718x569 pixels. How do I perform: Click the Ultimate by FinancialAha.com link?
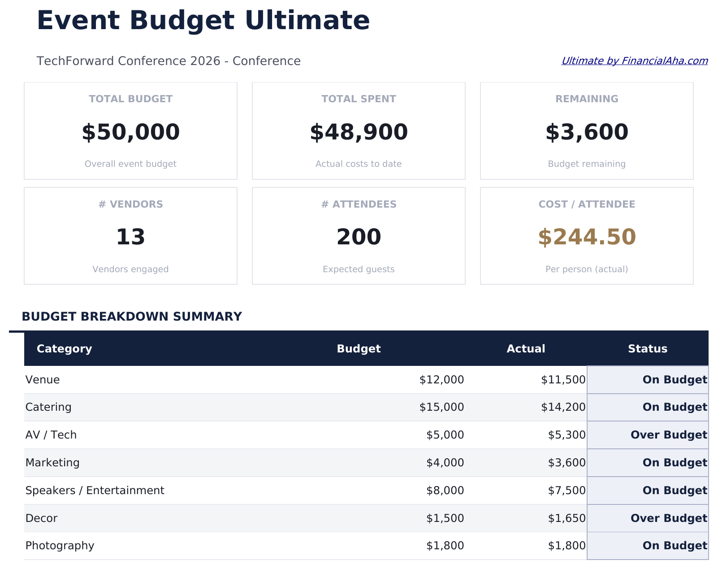point(634,61)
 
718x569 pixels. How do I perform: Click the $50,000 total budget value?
point(130,132)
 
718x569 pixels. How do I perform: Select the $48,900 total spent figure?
point(359,132)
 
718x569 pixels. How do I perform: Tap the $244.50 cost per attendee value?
point(587,237)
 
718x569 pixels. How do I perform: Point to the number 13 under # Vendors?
point(130,237)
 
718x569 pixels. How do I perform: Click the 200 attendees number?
point(359,237)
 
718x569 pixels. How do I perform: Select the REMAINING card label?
point(587,99)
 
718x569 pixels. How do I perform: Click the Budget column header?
point(359,349)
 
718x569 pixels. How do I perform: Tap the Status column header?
point(647,349)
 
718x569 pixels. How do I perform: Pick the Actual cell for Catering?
point(563,407)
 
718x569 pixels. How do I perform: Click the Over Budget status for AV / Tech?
point(668,435)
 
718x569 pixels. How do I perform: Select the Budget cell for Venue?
point(441,380)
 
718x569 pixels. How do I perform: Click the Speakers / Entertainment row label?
point(95,491)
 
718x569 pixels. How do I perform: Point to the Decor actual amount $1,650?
point(567,518)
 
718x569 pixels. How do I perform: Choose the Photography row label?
point(60,546)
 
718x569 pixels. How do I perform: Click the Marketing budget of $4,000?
point(445,463)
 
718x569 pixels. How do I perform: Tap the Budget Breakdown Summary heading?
point(132,317)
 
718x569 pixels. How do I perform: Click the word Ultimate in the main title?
point(307,21)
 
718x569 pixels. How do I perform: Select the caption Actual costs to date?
point(359,164)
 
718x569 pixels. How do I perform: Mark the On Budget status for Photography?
point(675,546)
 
